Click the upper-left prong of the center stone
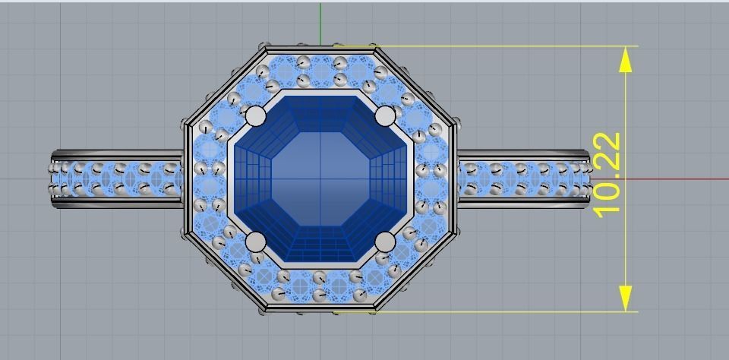tap(257, 116)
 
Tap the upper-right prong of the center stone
tap(386, 116)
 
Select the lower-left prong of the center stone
tap(257, 242)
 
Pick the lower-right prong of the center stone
tap(386, 242)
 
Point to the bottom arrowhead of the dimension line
tap(626, 298)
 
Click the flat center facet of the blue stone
tap(321, 178)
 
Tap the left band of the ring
tap(118, 178)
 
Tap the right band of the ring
tap(524, 178)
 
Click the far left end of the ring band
tap(55, 178)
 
